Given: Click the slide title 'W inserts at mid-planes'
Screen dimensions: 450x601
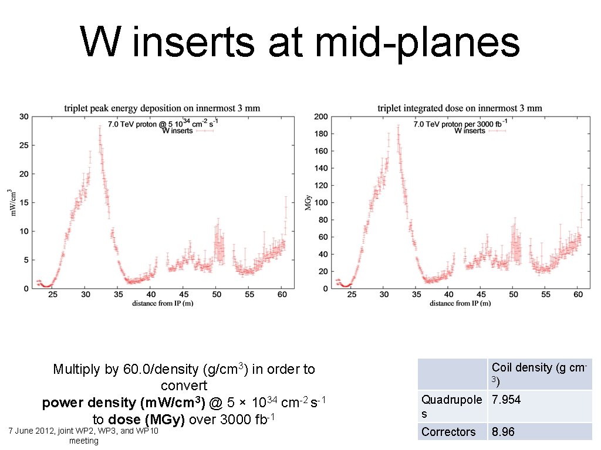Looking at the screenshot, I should coord(300,43).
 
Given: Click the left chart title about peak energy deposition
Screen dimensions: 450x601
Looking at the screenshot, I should coord(161,108).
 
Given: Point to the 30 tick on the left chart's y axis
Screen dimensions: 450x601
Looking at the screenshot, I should coord(23,117).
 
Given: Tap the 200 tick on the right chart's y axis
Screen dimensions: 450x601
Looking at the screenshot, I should coord(320,117).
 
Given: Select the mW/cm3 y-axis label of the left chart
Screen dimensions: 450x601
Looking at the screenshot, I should coord(11,203).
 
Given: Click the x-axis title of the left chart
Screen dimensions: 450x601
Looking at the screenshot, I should coord(163,304).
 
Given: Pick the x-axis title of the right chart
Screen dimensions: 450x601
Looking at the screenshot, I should coord(460,304).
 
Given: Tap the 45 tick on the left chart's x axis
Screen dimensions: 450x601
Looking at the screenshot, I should coord(184,294).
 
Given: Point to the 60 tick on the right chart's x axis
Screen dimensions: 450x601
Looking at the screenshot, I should coord(578,294).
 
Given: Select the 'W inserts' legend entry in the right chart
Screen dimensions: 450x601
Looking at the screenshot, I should coord(470,131).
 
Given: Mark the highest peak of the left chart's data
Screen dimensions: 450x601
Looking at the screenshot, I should coord(99,128).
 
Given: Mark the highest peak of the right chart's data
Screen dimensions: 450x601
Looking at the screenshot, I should coord(398,125).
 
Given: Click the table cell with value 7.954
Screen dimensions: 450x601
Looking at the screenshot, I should coord(507,400).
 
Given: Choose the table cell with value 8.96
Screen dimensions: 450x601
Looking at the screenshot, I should coord(503,432).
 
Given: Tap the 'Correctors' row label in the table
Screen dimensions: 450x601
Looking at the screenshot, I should coord(448,432).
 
